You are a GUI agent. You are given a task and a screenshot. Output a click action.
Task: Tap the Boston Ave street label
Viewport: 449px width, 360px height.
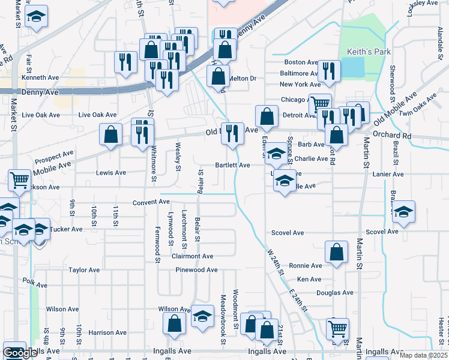pyautogui.click(x=301, y=62)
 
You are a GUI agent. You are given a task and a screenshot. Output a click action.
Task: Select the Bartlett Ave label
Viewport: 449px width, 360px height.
pyautogui.click(x=233, y=165)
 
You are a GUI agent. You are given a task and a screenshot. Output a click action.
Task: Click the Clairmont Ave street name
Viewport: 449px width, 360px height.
pyautogui.click(x=193, y=256)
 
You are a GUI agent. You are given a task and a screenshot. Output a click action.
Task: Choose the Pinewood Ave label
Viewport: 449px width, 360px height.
pyautogui.click(x=196, y=270)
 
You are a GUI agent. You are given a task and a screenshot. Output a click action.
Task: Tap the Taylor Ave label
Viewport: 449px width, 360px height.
pyautogui.click(x=83, y=270)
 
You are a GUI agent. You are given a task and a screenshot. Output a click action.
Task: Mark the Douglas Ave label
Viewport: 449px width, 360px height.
pyautogui.click(x=335, y=293)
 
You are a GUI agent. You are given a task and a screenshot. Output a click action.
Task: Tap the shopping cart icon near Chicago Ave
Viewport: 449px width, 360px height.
pyautogui.click(x=320, y=103)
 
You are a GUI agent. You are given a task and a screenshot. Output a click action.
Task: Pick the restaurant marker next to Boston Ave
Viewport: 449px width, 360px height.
pyautogui.click(x=328, y=71)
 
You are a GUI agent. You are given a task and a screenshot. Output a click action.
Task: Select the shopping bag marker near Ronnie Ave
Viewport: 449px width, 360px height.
pyautogui.click(x=336, y=252)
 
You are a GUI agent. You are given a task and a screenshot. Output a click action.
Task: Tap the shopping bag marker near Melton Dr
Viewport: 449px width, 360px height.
pyautogui.click(x=218, y=76)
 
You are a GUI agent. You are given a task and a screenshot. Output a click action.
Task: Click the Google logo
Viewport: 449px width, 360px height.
pyautogui.click(x=20, y=353)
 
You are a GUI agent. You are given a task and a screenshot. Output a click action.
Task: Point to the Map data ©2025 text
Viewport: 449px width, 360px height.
pyautogui.click(x=424, y=355)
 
